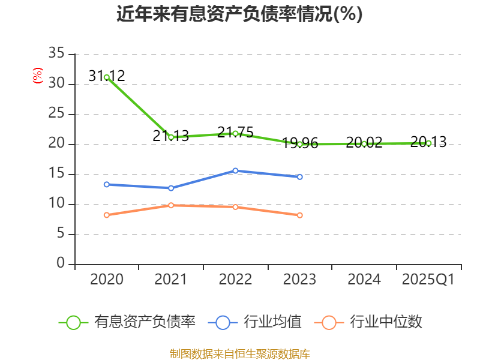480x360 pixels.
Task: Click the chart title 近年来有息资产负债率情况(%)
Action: click(x=239, y=14)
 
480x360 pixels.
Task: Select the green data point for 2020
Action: click(x=106, y=77)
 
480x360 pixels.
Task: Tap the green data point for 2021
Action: click(x=171, y=137)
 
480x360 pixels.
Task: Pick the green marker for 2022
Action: click(x=235, y=133)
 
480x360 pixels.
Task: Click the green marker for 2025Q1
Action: click(x=428, y=143)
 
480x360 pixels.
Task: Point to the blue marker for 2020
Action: click(x=106, y=184)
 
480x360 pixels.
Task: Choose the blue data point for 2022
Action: click(x=235, y=170)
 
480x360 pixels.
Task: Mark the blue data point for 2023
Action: click(x=300, y=177)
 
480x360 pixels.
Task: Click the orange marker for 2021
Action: click(x=171, y=205)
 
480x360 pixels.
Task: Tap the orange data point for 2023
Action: click(x=300, y=215)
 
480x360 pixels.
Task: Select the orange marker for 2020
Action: click(x=106, y=215)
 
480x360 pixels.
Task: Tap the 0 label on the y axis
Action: click(x=60, y=264)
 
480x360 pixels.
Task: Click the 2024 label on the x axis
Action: click(x=364, y=280)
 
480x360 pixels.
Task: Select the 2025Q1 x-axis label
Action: click(x=428, y=280)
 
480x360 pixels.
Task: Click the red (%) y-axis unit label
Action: click(x=38, y=76)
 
